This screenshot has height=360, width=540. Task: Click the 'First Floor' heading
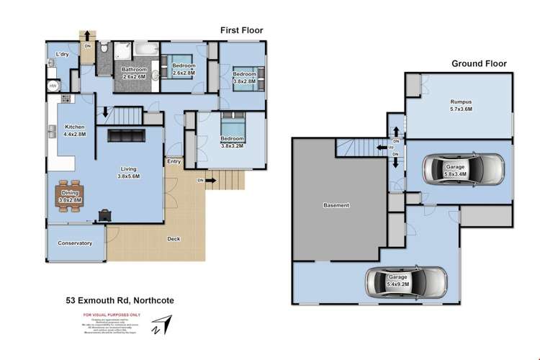pos(241,30)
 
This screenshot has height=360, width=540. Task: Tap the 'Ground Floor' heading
pos(479,63)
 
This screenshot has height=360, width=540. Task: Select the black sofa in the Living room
pos(126,136)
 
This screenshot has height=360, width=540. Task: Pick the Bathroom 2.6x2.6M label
pos(133,72)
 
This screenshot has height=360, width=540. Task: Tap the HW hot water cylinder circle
pos(53,86)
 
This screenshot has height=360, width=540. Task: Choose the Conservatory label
pos(75,243)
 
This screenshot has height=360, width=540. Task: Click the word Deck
pos(174,239)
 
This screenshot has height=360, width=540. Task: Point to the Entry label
pos(174,162)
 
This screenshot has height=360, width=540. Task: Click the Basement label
pos(336,205)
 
